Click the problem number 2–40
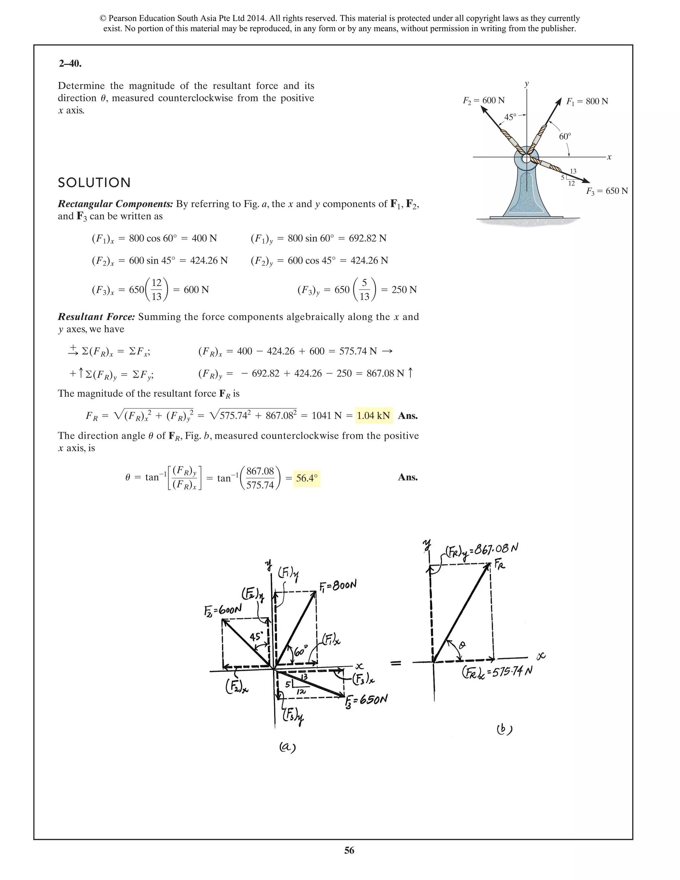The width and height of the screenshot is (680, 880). coord(70,64)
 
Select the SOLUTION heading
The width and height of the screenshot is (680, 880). coord(94,183)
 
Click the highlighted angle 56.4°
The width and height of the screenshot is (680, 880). coord(306,478)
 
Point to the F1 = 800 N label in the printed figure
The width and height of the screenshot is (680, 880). coord(587,101)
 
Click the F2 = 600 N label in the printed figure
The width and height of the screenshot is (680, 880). coord(483,100)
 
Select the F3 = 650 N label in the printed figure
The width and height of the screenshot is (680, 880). coord(607,191)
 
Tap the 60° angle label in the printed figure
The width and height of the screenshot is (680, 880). coord(565,136)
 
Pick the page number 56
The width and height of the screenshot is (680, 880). coord(349,850)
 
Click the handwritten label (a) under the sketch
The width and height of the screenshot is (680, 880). coord(288,747)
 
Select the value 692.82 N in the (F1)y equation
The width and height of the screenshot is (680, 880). coord(368,238)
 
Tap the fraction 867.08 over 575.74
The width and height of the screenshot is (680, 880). coord(260,478)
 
